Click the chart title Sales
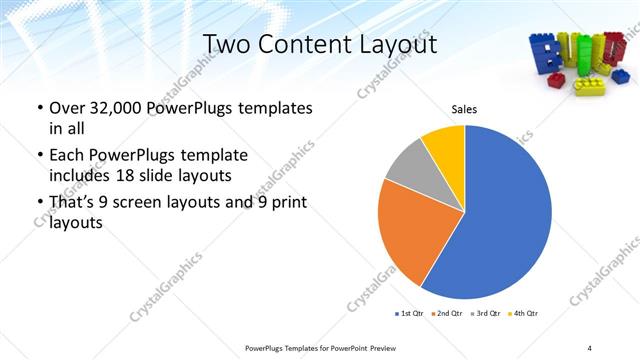[464, 110]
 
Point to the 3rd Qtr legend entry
[486, 314]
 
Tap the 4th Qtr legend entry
[524, 314]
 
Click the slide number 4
[589, 347]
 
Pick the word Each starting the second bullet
[67, 155]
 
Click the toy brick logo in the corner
[577, 62]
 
